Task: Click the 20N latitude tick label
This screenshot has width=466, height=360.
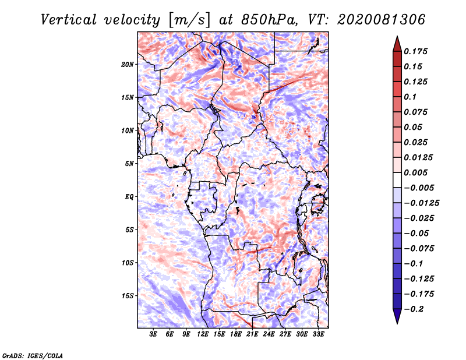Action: click(x=128, y=65)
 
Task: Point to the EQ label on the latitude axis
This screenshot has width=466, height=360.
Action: click(x=129, y=197)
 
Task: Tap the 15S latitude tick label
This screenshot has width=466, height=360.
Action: click(x=128, y=296)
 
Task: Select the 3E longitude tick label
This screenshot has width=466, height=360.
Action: click(x=153, y=334)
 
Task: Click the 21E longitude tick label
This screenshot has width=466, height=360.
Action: click(x=252, y=334)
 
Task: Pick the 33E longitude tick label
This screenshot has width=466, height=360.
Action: click(x=318, y=334)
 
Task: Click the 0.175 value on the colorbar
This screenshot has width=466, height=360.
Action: click(x=415, y=51)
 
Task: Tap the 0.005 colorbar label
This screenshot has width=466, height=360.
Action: click(x=415, y=172)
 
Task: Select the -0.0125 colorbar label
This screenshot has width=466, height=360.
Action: click(x=421, y=203)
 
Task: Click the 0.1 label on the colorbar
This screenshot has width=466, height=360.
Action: click(x=410, y=97)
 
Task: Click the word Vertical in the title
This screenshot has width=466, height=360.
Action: click(x=69, y=20)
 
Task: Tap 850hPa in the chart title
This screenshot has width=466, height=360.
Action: click(x=269, y=20)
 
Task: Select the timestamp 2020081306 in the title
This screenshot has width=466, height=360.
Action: click(x=382, y=20)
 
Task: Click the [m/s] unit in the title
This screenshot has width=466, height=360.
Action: click(x=189, y=20)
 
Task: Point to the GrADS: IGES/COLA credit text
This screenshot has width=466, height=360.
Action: click(x=33, y=355)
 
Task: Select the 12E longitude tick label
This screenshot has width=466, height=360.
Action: click(x=202, y=334)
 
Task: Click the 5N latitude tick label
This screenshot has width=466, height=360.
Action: click(x=129, y=164)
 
